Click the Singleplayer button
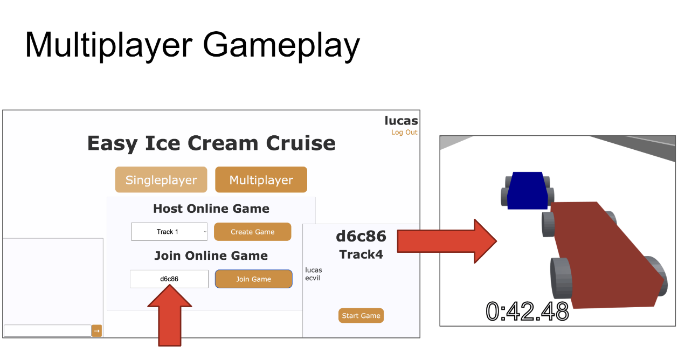pyautogui.click(x=161, y=180)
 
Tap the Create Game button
pyautogui.click(x=252, y=232)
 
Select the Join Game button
pyautogui.click(x=253, y=279)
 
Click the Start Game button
pyautogui.click(x=361, y=316)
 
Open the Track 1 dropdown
pyautogui.click(x=169, y=232)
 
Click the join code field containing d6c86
pyautogui.click(x=169, y=279)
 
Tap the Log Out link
pyautogui.click(x=404, y=133)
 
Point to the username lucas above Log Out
pyautogui.click(x=401, y=121)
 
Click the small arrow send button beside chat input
pyautogui.click(x=96, y=331)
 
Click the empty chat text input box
pyautogui.click(x=47, y=331)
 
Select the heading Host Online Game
pyautogui.click(x=211, y=209)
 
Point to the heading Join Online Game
pyautogui.click(x=211, y=255)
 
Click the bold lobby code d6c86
pyautogui.click(x=361, y=236)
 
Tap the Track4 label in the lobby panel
pyautogui.click(x=361, y=254)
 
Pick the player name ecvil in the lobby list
pyautogui.click(x=313, y=278)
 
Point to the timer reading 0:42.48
pyautogui.click(x=527, y=311)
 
